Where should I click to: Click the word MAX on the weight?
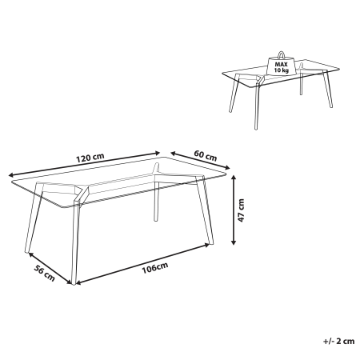coord(282,65)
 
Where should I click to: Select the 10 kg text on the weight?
coord(282,71)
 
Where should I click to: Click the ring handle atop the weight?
coord(282,54)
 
